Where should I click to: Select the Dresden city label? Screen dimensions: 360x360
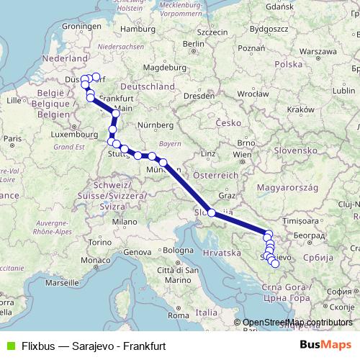click(197, 94)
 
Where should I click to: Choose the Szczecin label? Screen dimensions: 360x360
click(212, 32)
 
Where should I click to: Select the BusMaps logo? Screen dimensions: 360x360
click(325, 344)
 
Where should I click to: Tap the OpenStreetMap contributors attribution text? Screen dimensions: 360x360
click(297, 323)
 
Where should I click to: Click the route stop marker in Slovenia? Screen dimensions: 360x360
click(211, 212)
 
